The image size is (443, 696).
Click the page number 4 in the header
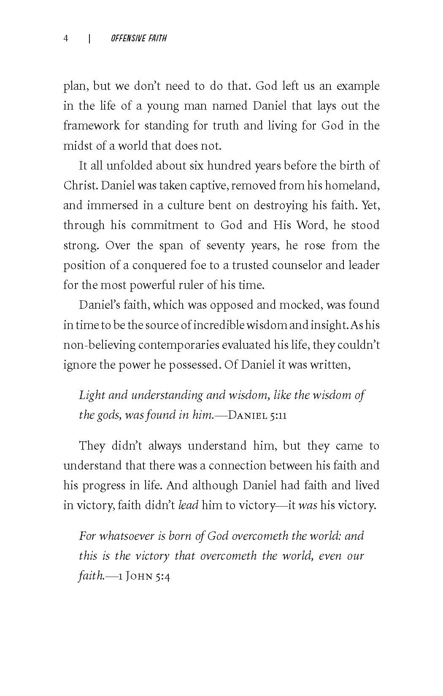coord(66,38)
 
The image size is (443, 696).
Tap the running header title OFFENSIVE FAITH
coord(139,38)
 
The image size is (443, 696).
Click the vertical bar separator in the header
coord(89,38)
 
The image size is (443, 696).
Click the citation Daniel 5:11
coord(257,415)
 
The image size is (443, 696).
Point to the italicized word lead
coord(188,505)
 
